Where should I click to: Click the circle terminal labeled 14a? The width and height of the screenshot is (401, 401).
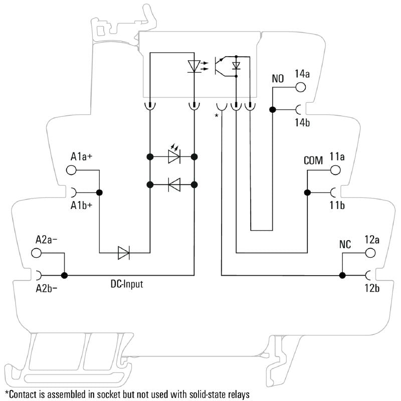[300, 87]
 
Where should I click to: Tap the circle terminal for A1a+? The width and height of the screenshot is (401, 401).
[72, 170]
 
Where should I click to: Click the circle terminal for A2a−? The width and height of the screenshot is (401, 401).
[37, 253]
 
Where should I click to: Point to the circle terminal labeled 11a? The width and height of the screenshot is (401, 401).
[335, 170]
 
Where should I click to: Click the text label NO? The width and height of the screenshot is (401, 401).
[278, 79]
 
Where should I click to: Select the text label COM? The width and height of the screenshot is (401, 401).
[313, 161]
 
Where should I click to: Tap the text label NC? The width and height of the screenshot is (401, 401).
[345, 245]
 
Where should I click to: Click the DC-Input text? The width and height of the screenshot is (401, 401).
[127, 284]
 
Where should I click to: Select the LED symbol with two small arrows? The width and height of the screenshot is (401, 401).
[174, 156]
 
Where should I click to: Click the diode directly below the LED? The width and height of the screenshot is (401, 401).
[174, 185]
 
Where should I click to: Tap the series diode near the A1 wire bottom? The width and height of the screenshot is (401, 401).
[124, 253]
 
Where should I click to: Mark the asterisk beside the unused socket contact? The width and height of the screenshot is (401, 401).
[217, 116]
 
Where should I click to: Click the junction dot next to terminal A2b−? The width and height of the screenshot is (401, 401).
[64, 275]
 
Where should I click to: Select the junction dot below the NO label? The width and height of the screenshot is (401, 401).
[273, 109]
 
